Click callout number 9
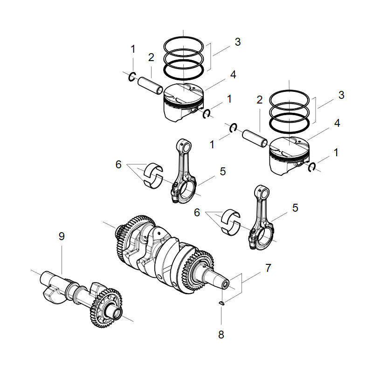coord(62,236)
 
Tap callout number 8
coord(221,335)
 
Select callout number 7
coord(268,268)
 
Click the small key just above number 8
coord(221,303)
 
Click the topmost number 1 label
coord(133,49)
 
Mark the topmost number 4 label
coord(233,75)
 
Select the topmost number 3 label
coord(238,42)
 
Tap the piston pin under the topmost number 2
coord(150,85)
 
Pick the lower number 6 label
coord(197,213)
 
